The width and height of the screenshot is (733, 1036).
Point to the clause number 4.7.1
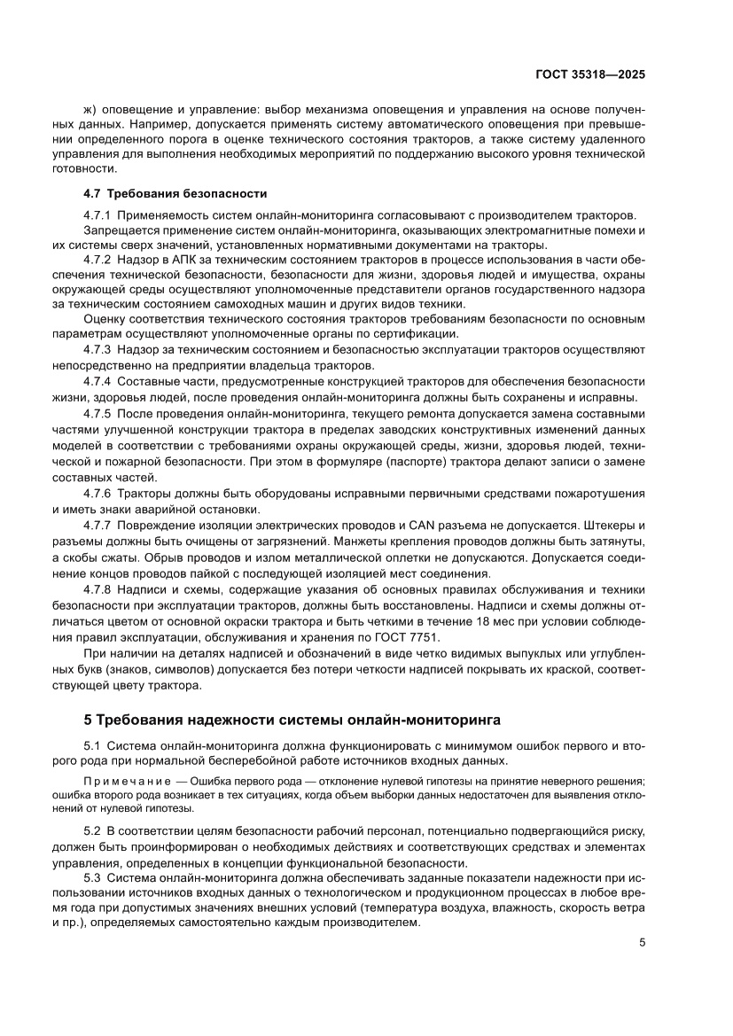97,215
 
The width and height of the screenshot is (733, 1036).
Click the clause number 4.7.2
97,260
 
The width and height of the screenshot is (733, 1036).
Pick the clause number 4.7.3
97,350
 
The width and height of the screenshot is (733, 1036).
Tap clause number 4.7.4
97,380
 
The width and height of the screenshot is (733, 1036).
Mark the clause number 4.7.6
97,493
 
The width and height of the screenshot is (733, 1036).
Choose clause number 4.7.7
97,525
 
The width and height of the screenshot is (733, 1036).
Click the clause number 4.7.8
97,589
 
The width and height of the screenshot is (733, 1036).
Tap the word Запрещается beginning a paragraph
118,230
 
